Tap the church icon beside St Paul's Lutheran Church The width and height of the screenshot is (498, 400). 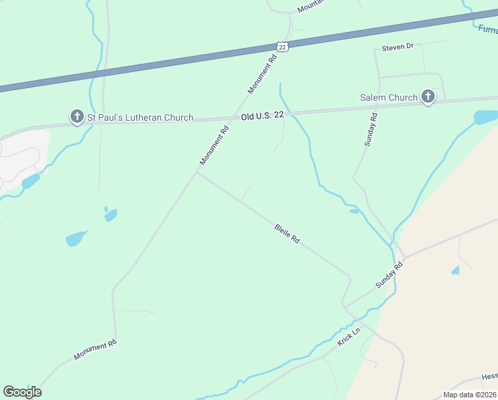pyautogui.click(x=77, y=117)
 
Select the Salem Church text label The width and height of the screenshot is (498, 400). pyautogui.click(x=389, y=98)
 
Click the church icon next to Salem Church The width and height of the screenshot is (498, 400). pyautogui.click(x=427, y=97)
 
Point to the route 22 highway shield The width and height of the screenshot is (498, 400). pyautogui.click(x=282, y=46)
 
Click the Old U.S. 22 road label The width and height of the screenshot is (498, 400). pyautogui.click(x=262, y=115)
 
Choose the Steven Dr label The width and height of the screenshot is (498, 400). pyautogui.click(x=397, y=47)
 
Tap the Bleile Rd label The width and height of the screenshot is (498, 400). pyautogui.click(x=287, y=233)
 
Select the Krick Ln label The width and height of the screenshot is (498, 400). pyautogui.click(x=348, y=336)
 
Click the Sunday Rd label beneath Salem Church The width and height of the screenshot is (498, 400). pyautogui.click(x=371, y=129)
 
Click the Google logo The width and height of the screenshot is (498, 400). pyautogui.click(x=22, y=392)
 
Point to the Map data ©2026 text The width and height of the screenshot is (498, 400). pyautogui.click(x=469, y=395)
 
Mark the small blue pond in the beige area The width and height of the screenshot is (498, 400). pyautogui.click(x=455, y=270)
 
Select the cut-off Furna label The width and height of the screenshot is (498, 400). pyautogui.click(x=487, y=29)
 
